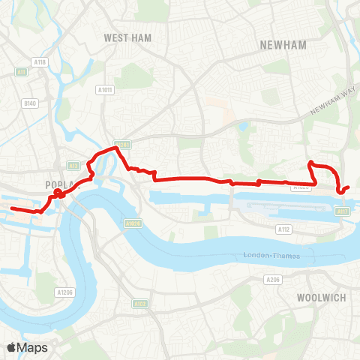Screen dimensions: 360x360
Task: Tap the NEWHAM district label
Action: [283, 45]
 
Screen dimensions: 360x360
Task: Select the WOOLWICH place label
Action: [321, 298]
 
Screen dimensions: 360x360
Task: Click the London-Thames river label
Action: [272, 256]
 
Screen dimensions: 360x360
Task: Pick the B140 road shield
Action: [30, 103]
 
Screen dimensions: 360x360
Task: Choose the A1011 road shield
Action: [105, 89]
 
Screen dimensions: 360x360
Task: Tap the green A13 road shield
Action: [73, 165]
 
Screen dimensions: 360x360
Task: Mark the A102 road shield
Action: [139, 304]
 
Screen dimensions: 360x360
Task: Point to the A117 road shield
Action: [343, 212]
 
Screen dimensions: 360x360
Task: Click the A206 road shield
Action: [273, 279]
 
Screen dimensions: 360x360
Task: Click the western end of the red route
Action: [12, 208]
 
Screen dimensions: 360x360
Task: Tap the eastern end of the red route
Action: [349, 187]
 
